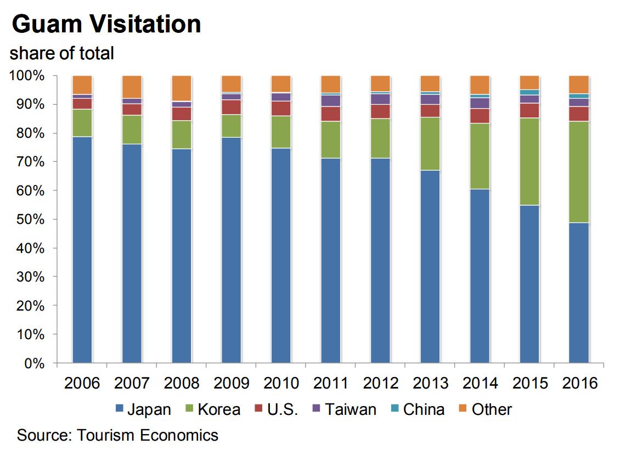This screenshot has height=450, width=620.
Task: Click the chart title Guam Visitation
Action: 106,25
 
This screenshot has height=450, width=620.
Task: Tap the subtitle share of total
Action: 61,53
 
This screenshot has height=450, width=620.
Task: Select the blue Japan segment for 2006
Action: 82,250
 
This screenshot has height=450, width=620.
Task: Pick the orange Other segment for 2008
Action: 182,88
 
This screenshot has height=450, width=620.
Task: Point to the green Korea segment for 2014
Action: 480,156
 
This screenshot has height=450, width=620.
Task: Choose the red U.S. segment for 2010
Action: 281,108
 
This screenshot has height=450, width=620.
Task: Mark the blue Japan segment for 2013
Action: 430,267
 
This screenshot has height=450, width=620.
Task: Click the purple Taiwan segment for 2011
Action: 331,100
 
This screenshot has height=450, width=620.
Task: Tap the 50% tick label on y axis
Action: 28,220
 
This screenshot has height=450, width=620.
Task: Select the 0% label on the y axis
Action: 31,363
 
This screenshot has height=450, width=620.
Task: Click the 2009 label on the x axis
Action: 231,383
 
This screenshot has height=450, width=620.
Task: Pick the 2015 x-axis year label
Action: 529,383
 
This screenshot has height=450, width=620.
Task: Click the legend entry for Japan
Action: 143,409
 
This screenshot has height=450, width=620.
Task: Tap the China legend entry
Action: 417,409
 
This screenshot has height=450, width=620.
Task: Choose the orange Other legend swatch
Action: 463,409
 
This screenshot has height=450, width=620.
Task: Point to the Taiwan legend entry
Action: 343,409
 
